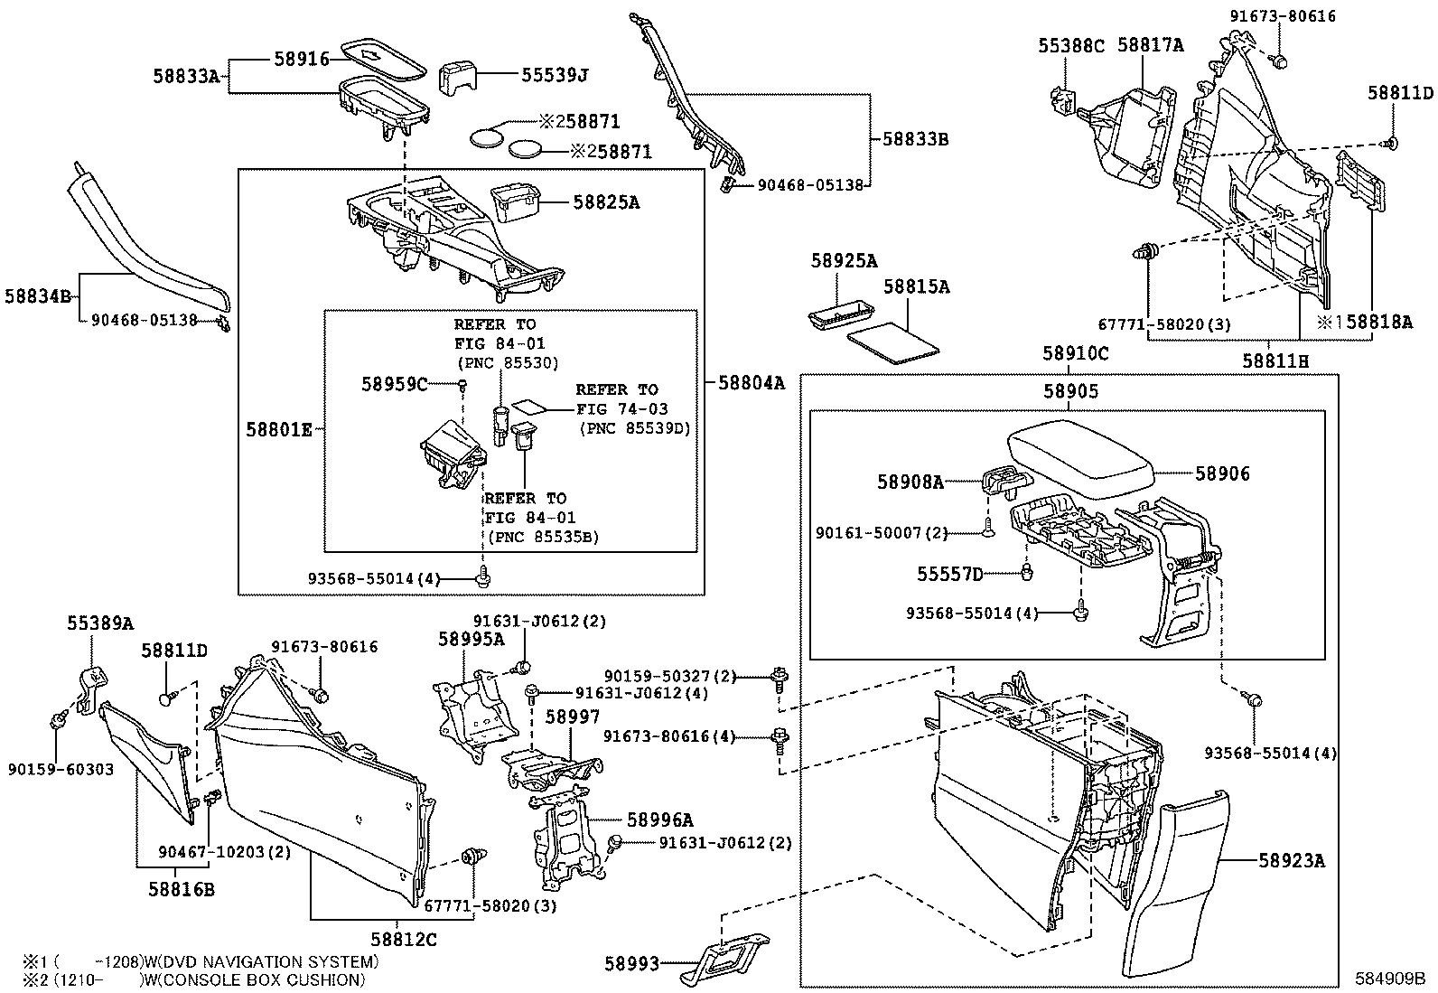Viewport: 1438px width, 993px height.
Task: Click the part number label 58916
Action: [302, 59]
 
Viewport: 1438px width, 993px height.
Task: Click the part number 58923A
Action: [1291, 861]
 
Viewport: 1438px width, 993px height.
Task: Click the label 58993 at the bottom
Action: [632, 964]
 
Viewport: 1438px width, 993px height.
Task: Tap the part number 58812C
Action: [403, 940]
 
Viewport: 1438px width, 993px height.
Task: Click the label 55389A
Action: [99, 623]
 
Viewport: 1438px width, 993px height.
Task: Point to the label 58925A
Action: [844, 261]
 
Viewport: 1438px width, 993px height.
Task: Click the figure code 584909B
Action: [1388, 979]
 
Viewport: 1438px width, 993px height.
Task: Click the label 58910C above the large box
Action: [1075, 354]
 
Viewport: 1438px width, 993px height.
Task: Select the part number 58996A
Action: [659, 820]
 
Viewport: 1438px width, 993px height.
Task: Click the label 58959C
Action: [395, 384]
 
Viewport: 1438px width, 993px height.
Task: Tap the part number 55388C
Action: [1071, 45]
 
